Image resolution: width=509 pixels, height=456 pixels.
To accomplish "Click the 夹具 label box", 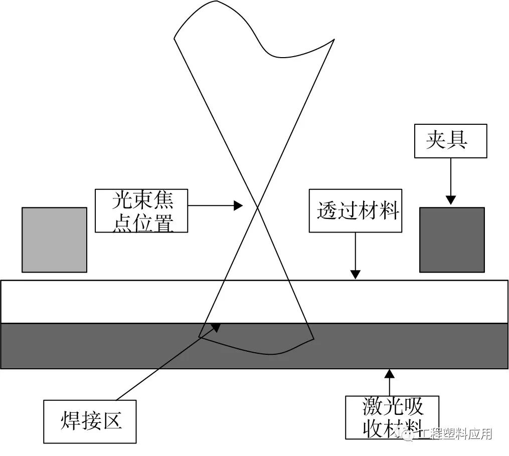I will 450,141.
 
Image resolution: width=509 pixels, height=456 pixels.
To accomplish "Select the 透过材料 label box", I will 355,210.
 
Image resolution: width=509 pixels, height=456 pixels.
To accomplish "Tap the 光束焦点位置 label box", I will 141,210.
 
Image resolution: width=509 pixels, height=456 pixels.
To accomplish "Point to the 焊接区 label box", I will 90,421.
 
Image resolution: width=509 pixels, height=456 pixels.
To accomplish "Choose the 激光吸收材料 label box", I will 392,417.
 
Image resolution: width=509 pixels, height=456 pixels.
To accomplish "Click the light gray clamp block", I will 54,240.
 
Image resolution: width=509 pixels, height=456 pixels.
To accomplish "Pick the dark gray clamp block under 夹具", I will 452,240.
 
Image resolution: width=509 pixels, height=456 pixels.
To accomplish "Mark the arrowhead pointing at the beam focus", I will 239,205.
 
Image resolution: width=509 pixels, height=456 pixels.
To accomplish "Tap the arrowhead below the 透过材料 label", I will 355,274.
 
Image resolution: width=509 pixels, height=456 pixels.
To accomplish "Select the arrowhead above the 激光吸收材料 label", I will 389,373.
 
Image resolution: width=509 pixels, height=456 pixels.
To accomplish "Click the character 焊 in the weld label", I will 71,421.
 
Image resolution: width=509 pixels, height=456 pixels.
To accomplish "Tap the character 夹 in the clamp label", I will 436,141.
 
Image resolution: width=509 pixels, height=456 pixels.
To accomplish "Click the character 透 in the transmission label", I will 326,210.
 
